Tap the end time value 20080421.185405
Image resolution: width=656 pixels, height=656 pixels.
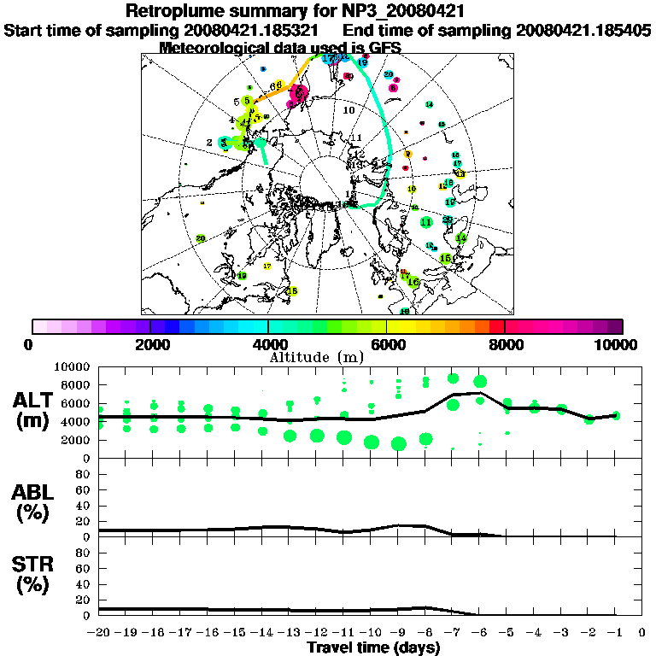pos(583,31)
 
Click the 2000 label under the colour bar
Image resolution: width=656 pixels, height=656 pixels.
pos(150,344)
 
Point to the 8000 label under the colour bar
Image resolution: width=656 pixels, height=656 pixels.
pos(506,344)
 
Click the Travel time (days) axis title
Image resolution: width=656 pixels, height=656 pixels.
pos(373,647)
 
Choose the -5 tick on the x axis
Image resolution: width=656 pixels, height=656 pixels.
pos(507,633)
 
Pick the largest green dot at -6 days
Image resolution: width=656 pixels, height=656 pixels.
pos(480,382)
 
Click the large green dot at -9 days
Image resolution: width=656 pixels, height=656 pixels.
pos(399,443)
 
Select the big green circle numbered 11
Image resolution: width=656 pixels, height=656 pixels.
pos(426,222)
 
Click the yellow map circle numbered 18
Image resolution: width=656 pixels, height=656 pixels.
pos(293,291)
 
